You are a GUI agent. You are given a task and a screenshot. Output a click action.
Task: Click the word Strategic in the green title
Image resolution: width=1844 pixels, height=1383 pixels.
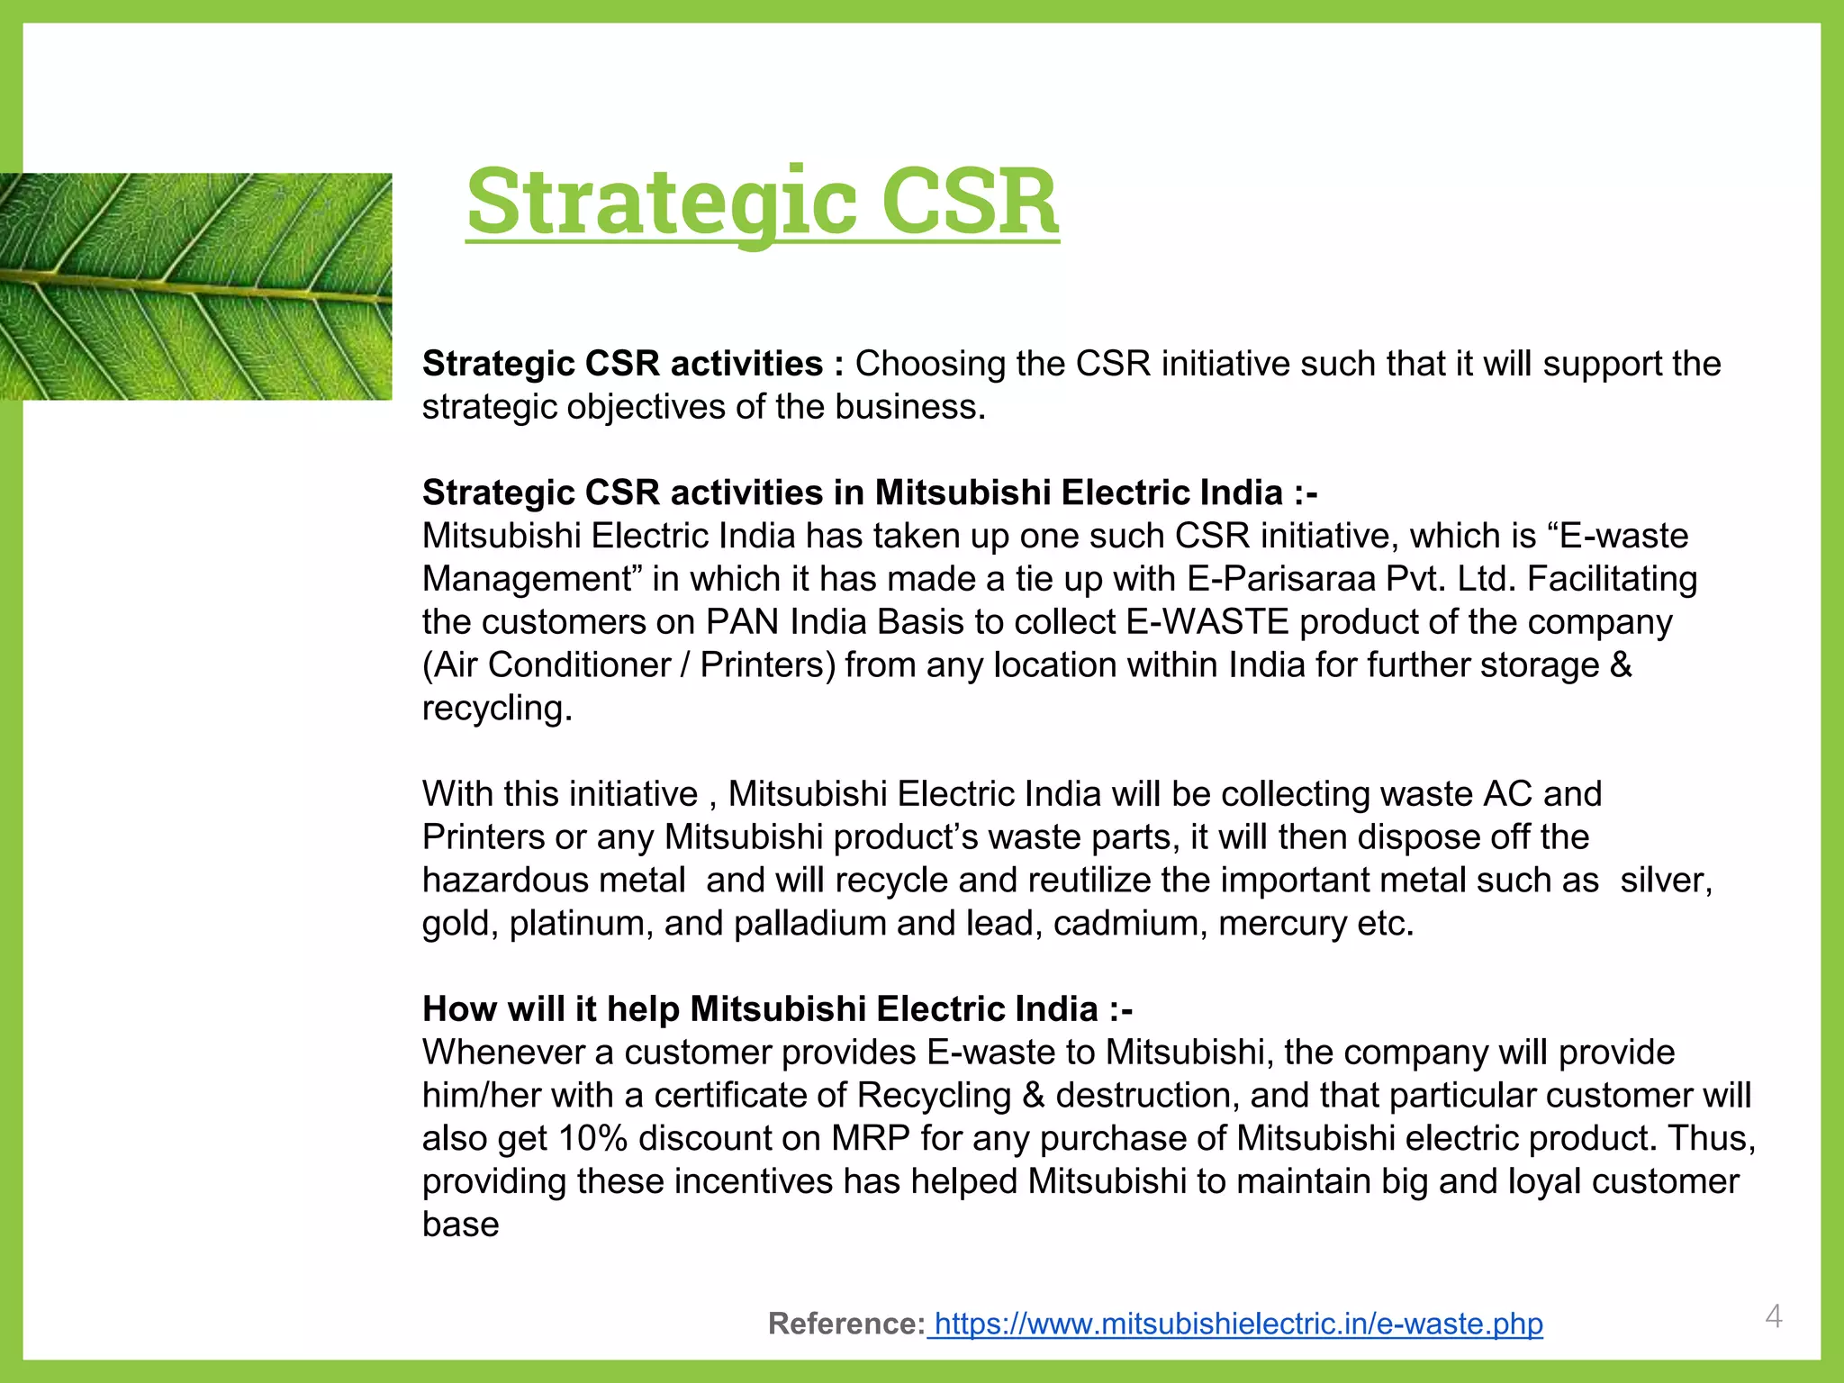pos(662,202)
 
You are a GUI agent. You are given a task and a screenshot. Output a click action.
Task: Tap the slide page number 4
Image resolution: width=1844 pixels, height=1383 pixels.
pos(1773,1316)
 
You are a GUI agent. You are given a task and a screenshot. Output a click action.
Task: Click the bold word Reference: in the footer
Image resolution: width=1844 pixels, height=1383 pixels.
pos(845,1324)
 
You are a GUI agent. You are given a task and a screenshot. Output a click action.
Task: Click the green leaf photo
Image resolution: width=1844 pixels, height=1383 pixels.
pos(195,286)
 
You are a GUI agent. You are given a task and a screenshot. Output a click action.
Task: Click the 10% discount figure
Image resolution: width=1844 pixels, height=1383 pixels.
pos(592,1138)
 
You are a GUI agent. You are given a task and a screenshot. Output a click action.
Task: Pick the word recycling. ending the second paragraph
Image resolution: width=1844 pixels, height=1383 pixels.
pos(497,709)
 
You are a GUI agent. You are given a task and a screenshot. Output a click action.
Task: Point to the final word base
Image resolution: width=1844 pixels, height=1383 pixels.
pos(460,1225)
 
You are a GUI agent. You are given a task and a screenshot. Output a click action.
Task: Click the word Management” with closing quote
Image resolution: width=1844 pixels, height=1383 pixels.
pos(532,579)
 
